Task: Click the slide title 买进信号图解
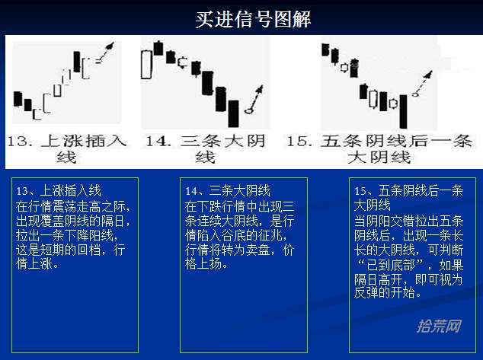[x=253, y=19]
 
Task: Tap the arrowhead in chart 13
[x=110, y=46]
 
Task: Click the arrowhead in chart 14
[x=259, y=90]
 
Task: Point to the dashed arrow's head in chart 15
[x=428, y=74]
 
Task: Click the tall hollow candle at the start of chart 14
[x=146, y=65]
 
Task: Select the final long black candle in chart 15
[x=403, y=111]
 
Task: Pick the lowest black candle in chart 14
[x=233, y=113]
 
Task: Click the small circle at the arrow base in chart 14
[x=248, y=110]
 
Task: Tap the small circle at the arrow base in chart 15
[x=415, y=94]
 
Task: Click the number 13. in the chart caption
[x=20, y=142]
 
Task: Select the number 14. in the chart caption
[x=158, y=142]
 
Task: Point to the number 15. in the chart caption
[x=299, y=142]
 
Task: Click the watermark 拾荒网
[x=440, y=327]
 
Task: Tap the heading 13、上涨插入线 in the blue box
[x=59, y=191]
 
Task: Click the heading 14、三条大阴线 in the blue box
[x=228, y=191]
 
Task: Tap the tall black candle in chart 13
[x=77, y=62]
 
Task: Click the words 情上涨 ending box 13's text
[x=34, y=264]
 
